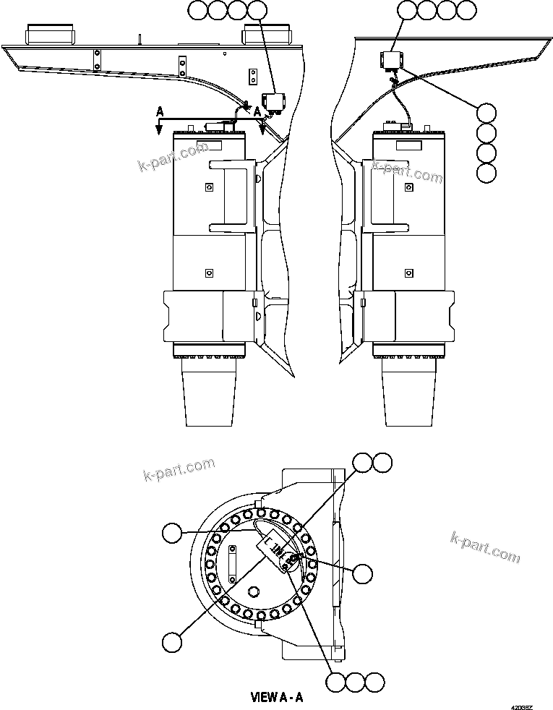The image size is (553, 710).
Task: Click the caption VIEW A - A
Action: tap(276, 698)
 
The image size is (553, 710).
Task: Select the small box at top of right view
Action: tap(393, 61)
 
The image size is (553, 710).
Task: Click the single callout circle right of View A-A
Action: tap(362, 573)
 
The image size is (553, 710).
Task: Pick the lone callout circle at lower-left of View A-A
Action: tap(171, 641)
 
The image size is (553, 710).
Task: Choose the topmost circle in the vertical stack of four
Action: tap(487, 114)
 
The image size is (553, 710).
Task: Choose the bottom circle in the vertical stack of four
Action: tap(487, 172)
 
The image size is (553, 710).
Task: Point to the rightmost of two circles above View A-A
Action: tap(382, 462)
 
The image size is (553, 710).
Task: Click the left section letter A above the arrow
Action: tap(160, 112)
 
